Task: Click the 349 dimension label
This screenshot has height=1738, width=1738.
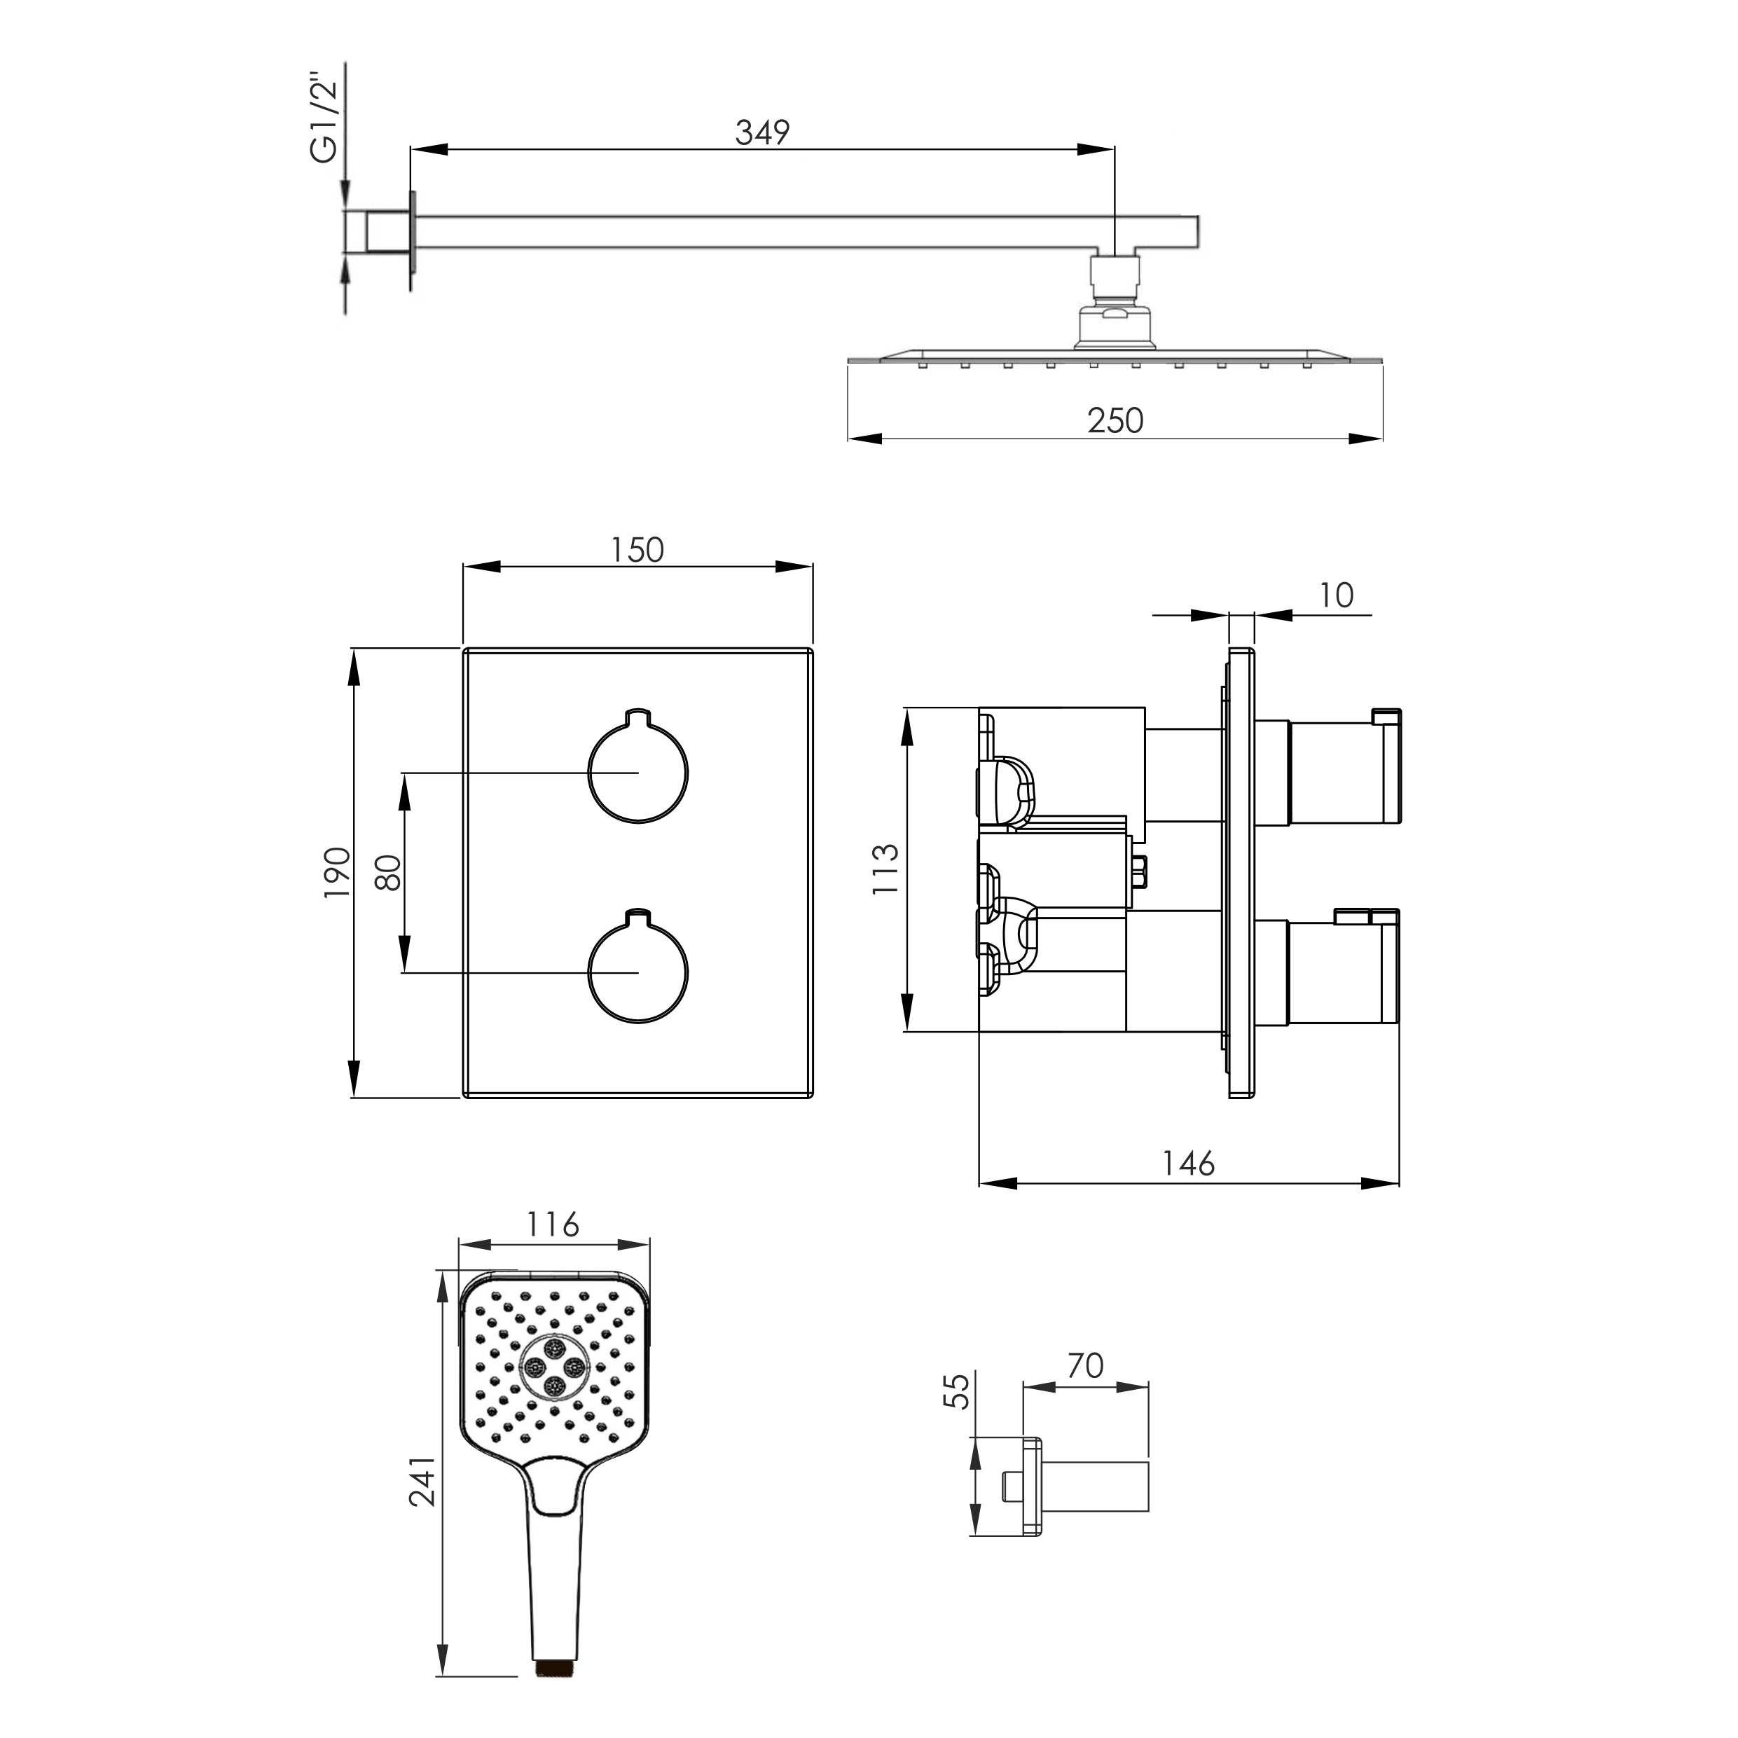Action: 762,132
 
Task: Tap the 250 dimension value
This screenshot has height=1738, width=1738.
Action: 1115,420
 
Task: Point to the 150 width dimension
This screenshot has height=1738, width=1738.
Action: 637,550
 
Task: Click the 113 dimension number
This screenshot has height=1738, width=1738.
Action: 885,868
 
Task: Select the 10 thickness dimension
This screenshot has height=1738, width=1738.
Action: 1337,595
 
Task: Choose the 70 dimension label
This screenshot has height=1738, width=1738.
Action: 1085,1365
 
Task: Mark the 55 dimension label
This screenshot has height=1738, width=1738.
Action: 960,1391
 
